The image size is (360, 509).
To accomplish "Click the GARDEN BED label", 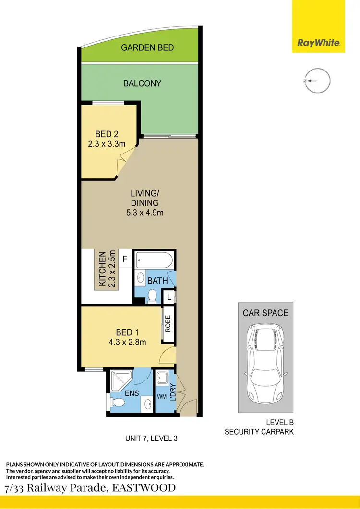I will (x=147, y=47).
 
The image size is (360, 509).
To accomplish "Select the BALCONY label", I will (x=142, y=83).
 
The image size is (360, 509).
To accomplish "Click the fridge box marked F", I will (x=125, y=259).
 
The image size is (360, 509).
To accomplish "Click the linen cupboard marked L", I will (x=169, y=297).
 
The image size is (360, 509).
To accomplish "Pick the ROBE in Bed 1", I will (x=168, y=325).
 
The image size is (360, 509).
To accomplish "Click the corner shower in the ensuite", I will (x=119, y=380).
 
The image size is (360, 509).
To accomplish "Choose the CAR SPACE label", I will (x=265, y=313).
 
